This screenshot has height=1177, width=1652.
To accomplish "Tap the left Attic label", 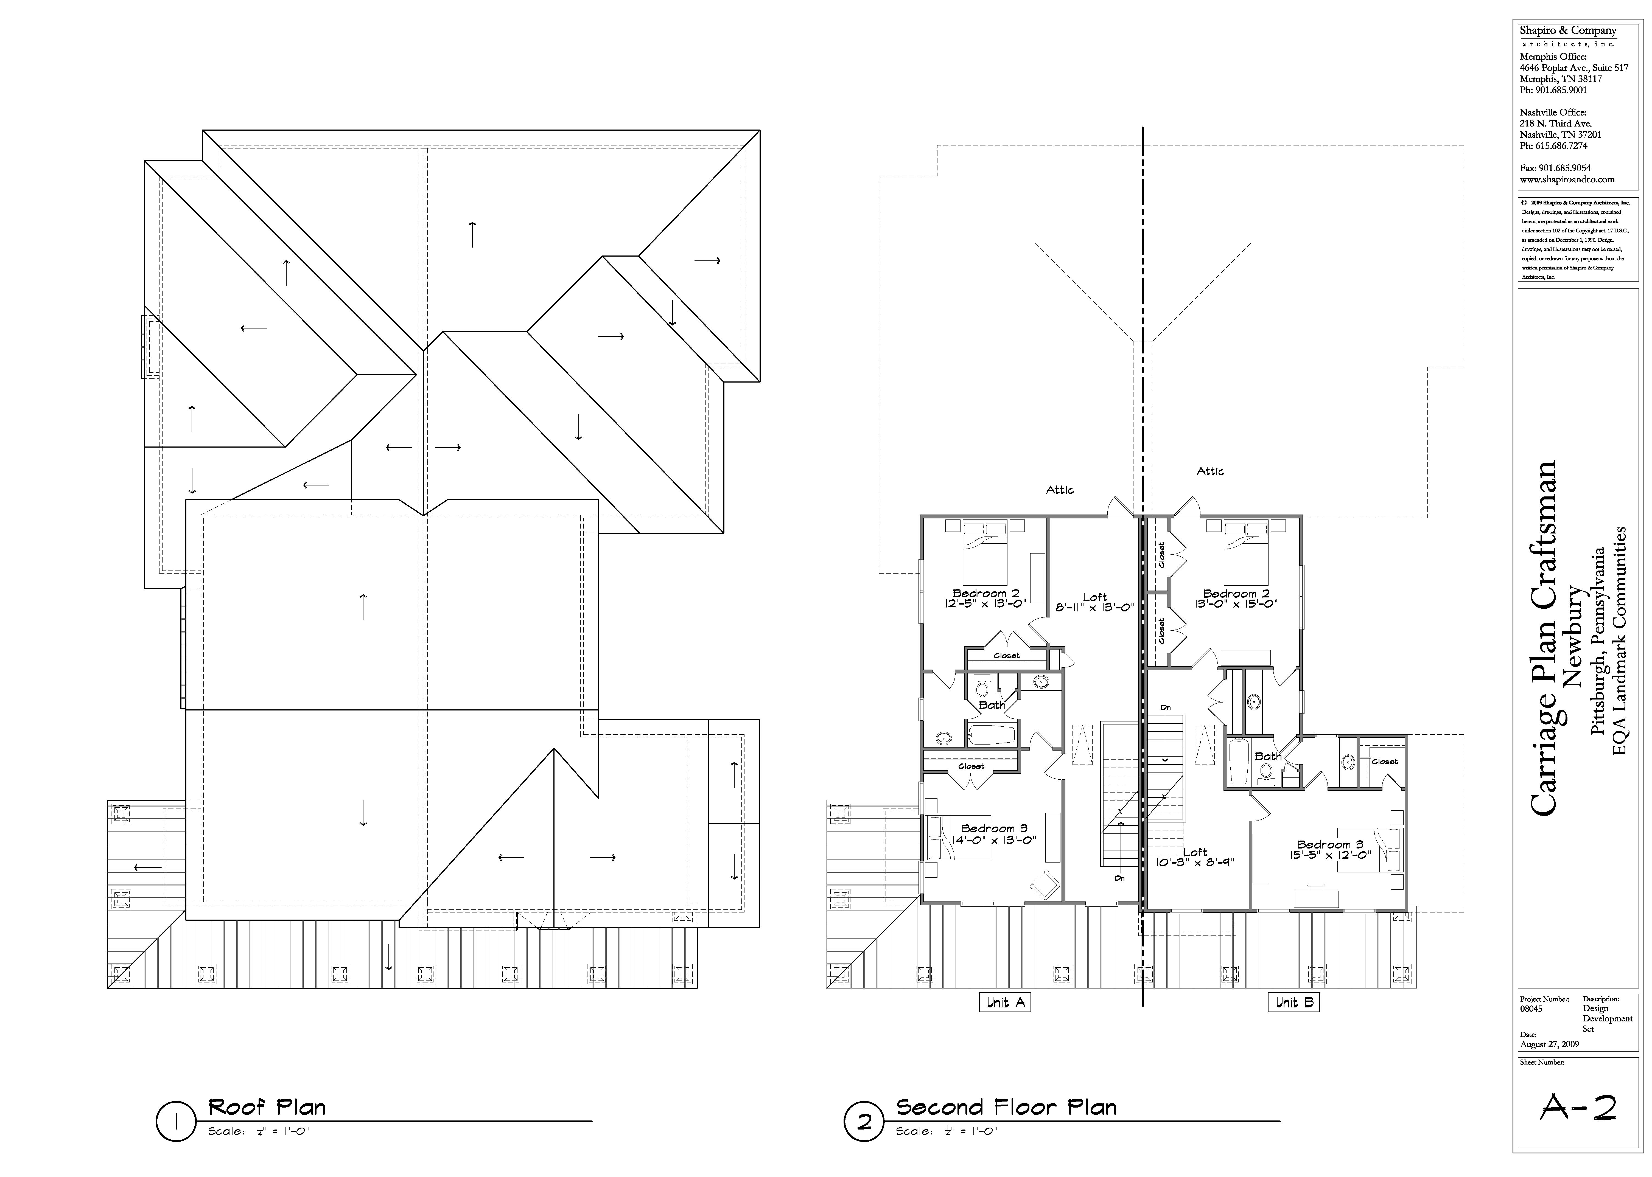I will click(1060, 490).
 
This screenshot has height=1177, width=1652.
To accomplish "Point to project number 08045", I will click(1531, 1008).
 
